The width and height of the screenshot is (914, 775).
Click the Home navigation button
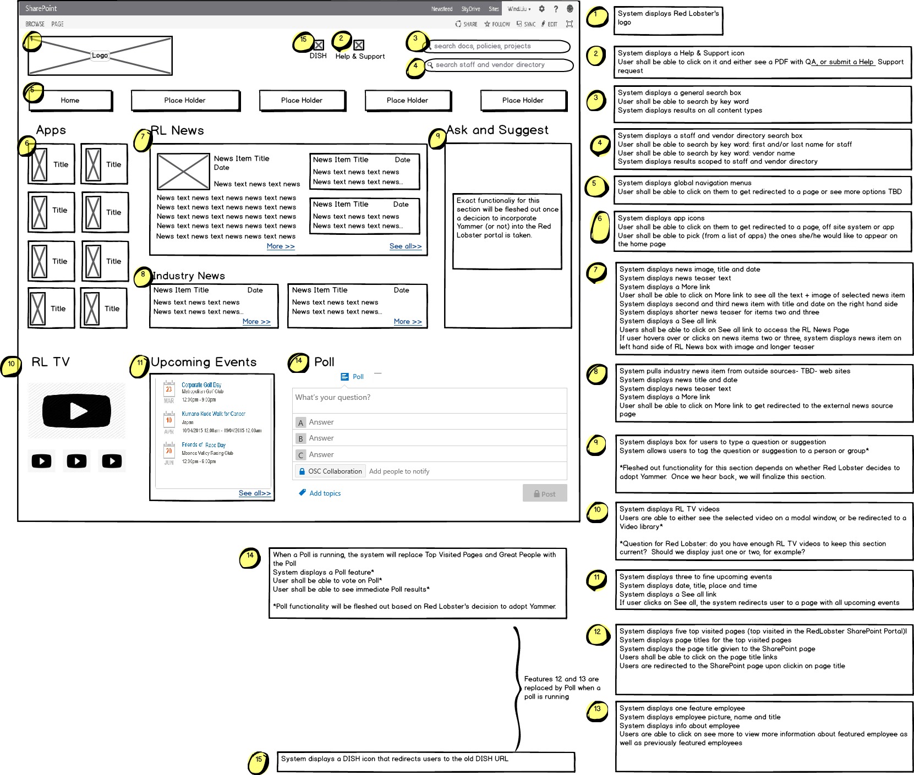click(70, 101)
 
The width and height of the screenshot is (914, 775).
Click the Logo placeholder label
click(100, 56)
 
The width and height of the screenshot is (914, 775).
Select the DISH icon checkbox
click(319, 45)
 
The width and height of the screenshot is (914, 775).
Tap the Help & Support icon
click(359, 45)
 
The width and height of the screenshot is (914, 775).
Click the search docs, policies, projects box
click(498, 46)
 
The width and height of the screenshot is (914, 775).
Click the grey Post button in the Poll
click(544, 493)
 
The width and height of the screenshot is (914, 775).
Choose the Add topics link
click(325, 493)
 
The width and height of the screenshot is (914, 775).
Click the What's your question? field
click(429, 398)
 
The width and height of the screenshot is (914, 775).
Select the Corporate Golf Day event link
click(201, 385)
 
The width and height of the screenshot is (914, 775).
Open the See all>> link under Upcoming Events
click(255, 493)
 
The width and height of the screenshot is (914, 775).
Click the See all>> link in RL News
click(406, 246)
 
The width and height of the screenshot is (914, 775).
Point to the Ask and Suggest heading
click(497, 130)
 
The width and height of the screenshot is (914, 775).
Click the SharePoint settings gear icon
click(541, 9)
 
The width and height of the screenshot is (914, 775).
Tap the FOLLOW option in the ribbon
click(497, 24)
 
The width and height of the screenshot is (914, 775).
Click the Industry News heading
click(189, 276)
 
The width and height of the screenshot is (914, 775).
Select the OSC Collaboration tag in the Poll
click(330, 471)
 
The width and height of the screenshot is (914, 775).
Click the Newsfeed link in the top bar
click(442, 9)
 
